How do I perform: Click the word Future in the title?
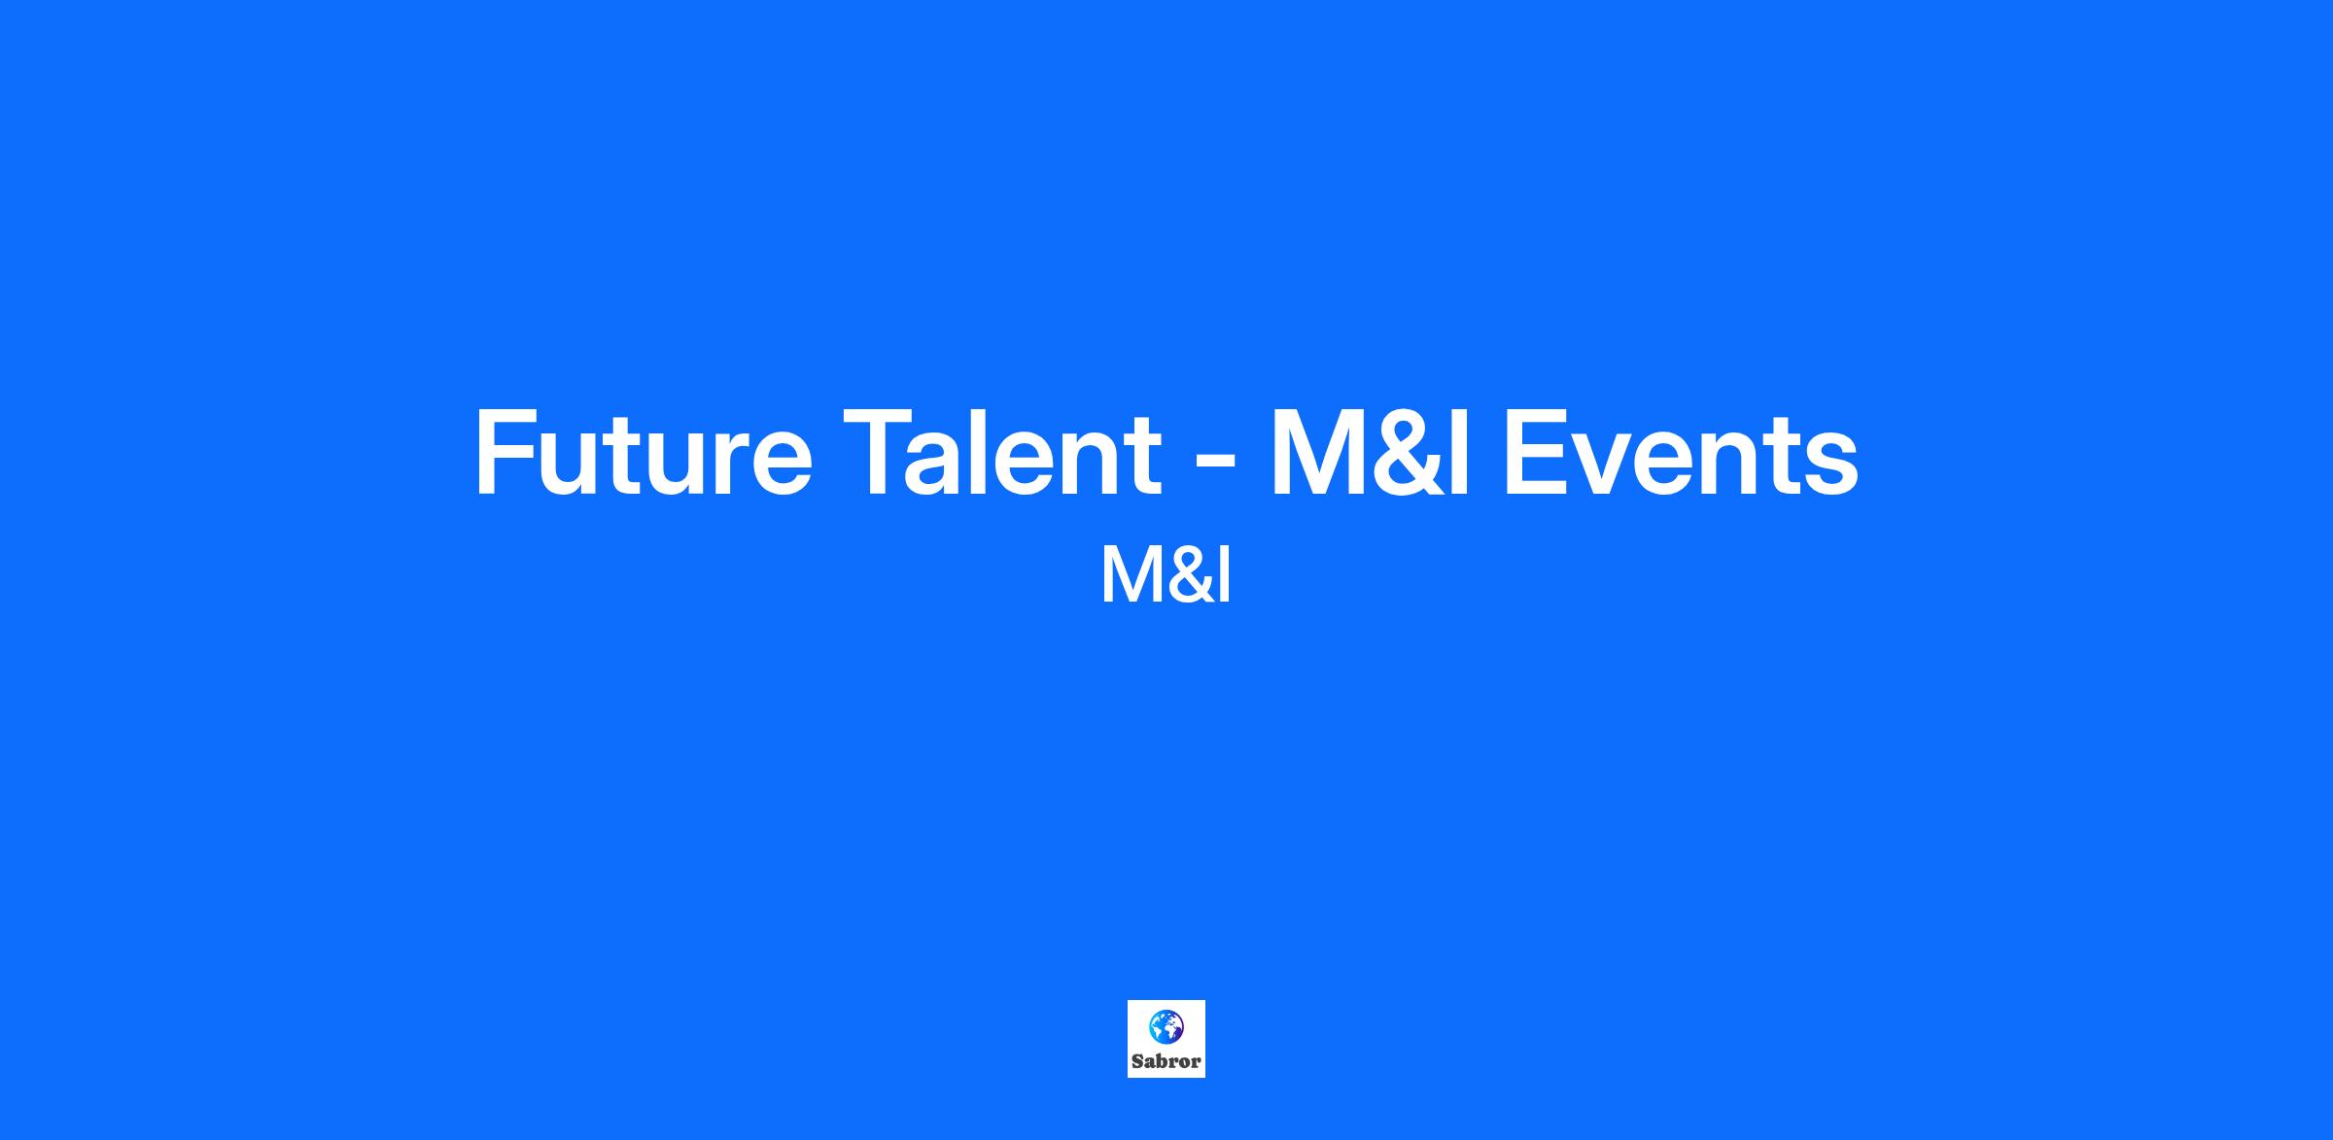643,453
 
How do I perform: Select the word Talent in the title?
1002,453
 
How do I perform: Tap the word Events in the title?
1681,453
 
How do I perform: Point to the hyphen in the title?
1214,465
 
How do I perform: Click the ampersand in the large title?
1406,453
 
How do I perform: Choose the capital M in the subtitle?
1132,574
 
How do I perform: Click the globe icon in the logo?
1166,1025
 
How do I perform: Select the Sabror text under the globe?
1166,1061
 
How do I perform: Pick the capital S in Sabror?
1137,1061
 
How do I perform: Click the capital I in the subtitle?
1224,574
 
